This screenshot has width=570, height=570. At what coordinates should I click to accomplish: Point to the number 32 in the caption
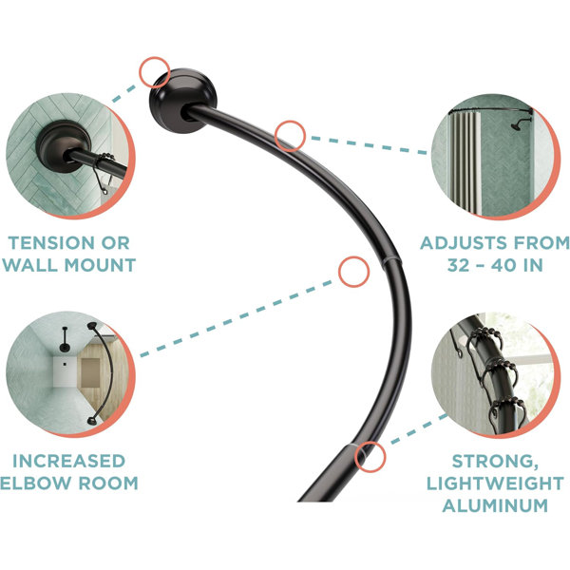[459, 265]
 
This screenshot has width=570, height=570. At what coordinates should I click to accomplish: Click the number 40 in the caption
[504, 265]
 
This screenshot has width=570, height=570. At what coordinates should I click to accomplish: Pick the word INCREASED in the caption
[69, 462]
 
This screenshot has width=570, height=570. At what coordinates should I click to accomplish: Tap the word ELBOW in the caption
[36, 484]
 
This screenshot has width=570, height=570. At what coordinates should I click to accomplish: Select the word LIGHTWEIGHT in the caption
[495, 484]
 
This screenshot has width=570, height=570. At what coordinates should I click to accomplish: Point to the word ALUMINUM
[495, 505]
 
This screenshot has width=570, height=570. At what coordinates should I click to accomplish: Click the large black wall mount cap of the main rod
[182, 101]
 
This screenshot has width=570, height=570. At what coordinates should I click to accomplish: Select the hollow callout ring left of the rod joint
[339, 272]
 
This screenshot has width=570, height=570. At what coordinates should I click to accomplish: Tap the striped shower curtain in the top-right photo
[465, 161]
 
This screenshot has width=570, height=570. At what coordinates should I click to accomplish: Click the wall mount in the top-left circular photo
[64, 146]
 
